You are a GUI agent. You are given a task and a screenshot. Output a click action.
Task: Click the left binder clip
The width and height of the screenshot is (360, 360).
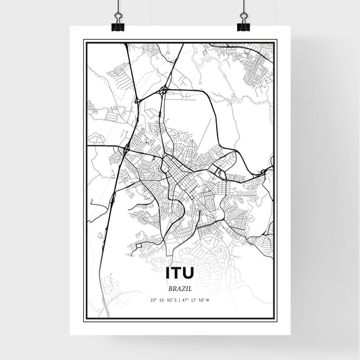click(x=118, y=26)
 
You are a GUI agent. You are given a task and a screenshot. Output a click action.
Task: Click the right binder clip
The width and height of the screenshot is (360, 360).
click(x=243, y=26)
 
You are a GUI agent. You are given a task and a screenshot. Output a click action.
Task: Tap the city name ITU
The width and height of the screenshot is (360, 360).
click(x=180, y=273)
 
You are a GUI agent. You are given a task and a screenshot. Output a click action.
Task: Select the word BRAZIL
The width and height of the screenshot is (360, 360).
click(x=180, y=288)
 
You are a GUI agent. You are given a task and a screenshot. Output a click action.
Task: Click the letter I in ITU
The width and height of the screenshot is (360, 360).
click(x=167, y=273)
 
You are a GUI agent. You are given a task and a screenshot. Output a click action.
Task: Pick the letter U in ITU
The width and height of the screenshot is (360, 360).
click(x=190, y=273)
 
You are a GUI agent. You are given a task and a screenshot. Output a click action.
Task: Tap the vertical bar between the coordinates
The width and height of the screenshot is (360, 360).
click(x=180, y=299)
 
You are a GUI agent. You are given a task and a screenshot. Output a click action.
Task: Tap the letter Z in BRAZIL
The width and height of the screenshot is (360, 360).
click(x=182, y=288)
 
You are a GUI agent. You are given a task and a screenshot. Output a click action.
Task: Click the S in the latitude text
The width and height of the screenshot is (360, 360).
click(x=176, y=299)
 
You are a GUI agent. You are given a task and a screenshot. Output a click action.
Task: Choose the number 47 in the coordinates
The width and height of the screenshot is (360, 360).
click(x=186, y=299)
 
